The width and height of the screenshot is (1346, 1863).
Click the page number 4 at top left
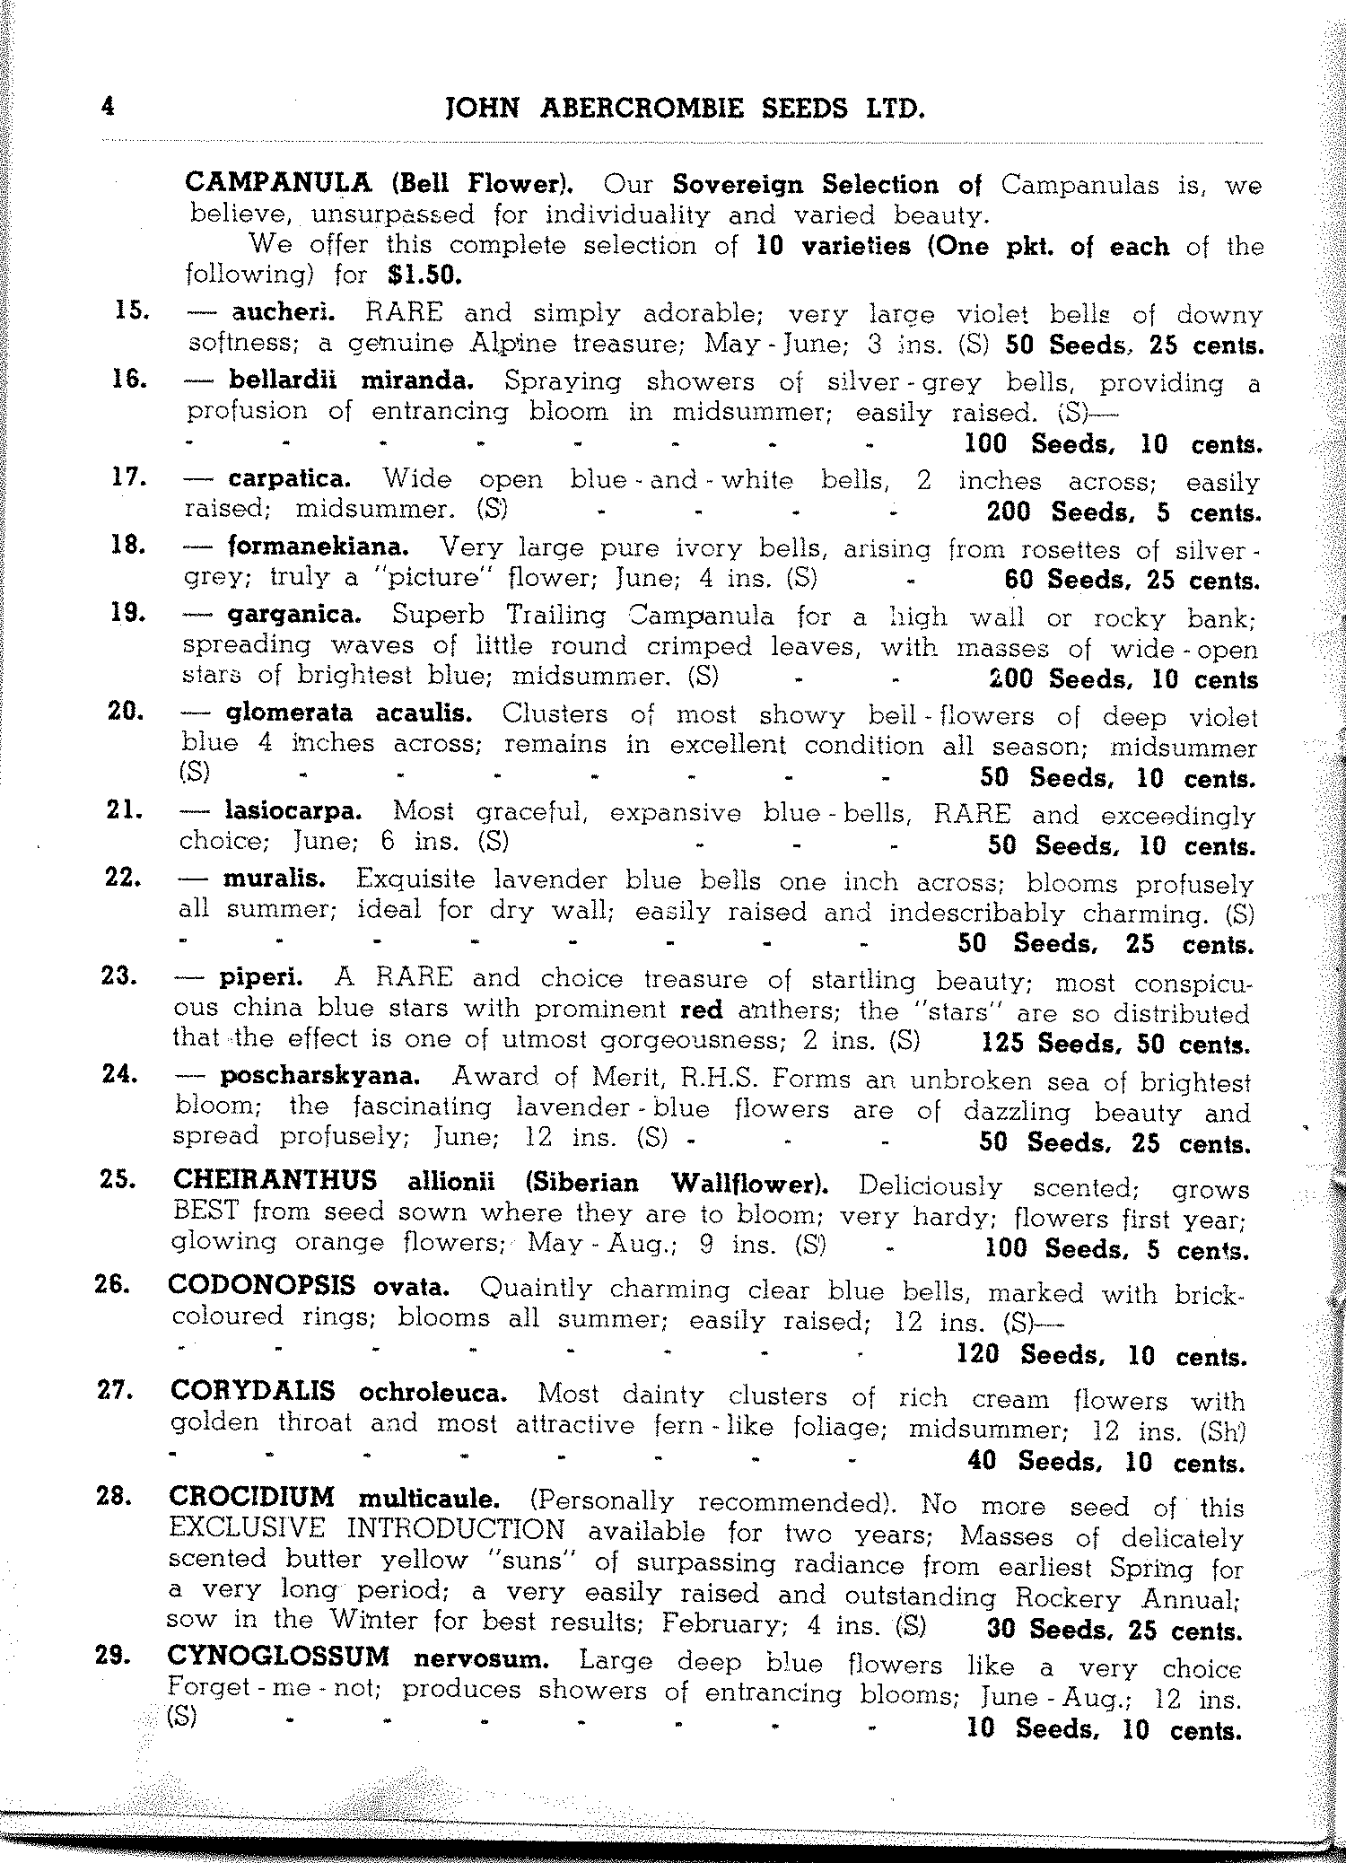click(109, 107)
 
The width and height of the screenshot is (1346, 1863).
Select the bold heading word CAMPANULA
click(277, 183)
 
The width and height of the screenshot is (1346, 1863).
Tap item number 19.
click(127, 613)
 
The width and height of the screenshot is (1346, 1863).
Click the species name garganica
click(293, 615)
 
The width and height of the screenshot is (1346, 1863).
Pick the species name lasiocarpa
click(293, 811)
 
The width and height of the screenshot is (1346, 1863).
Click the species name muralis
click(274, 878)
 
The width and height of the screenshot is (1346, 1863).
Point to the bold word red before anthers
click(702, 1010)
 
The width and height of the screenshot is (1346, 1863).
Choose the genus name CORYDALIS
click(253, 1392)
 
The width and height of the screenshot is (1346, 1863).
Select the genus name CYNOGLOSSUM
click(278, 1657)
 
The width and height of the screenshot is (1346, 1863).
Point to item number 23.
click(120, 975)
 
